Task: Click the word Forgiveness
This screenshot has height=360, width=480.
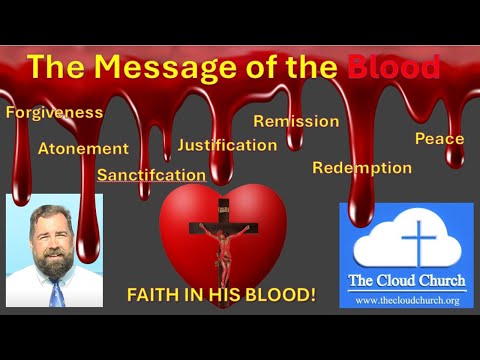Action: pos(54,112)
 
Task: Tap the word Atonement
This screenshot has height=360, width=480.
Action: pos(83,149)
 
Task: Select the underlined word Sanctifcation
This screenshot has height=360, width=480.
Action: pos(151,174)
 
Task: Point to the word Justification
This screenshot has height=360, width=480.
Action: pos(227,145)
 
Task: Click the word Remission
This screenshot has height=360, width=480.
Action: pos(296,121)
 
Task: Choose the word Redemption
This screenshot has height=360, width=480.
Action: pos(361,167)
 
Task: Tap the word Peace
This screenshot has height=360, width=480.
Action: pos(439,138)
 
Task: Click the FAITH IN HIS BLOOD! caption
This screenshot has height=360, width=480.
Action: pos(221,296)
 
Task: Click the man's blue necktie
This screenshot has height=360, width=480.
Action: pos(57,293)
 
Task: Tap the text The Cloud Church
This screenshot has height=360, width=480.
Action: pos(406,279)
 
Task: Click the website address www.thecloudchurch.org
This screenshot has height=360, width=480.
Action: pos(406,299)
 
